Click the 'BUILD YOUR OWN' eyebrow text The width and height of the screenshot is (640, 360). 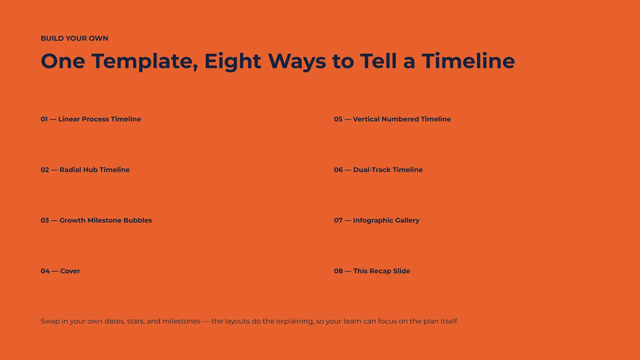74,38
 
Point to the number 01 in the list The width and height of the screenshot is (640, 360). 44,119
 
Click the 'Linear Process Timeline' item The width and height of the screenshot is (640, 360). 100,119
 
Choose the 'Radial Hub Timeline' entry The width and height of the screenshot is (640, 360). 95,170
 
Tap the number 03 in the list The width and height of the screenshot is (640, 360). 45,220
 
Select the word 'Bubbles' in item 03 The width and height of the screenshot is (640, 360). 138,220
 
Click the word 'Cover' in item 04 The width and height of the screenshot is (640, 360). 70,271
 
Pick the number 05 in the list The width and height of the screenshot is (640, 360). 338,119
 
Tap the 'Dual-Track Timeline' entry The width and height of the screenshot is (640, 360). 388,170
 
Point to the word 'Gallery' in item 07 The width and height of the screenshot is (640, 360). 407,221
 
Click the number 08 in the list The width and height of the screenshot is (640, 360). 338,271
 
